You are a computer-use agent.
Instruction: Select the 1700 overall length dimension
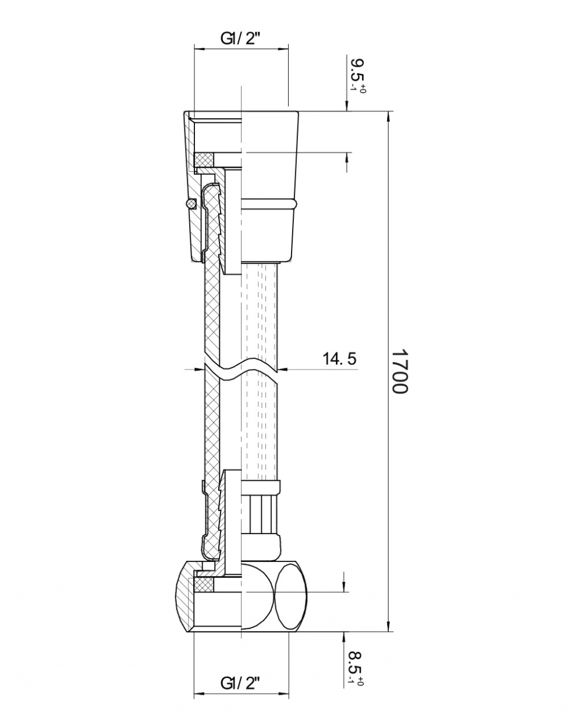(400, 371)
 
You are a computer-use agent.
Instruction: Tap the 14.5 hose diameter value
(339, 359)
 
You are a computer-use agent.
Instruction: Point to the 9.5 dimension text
(357, 70)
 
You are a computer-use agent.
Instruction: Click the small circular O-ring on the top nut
(191, 204)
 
